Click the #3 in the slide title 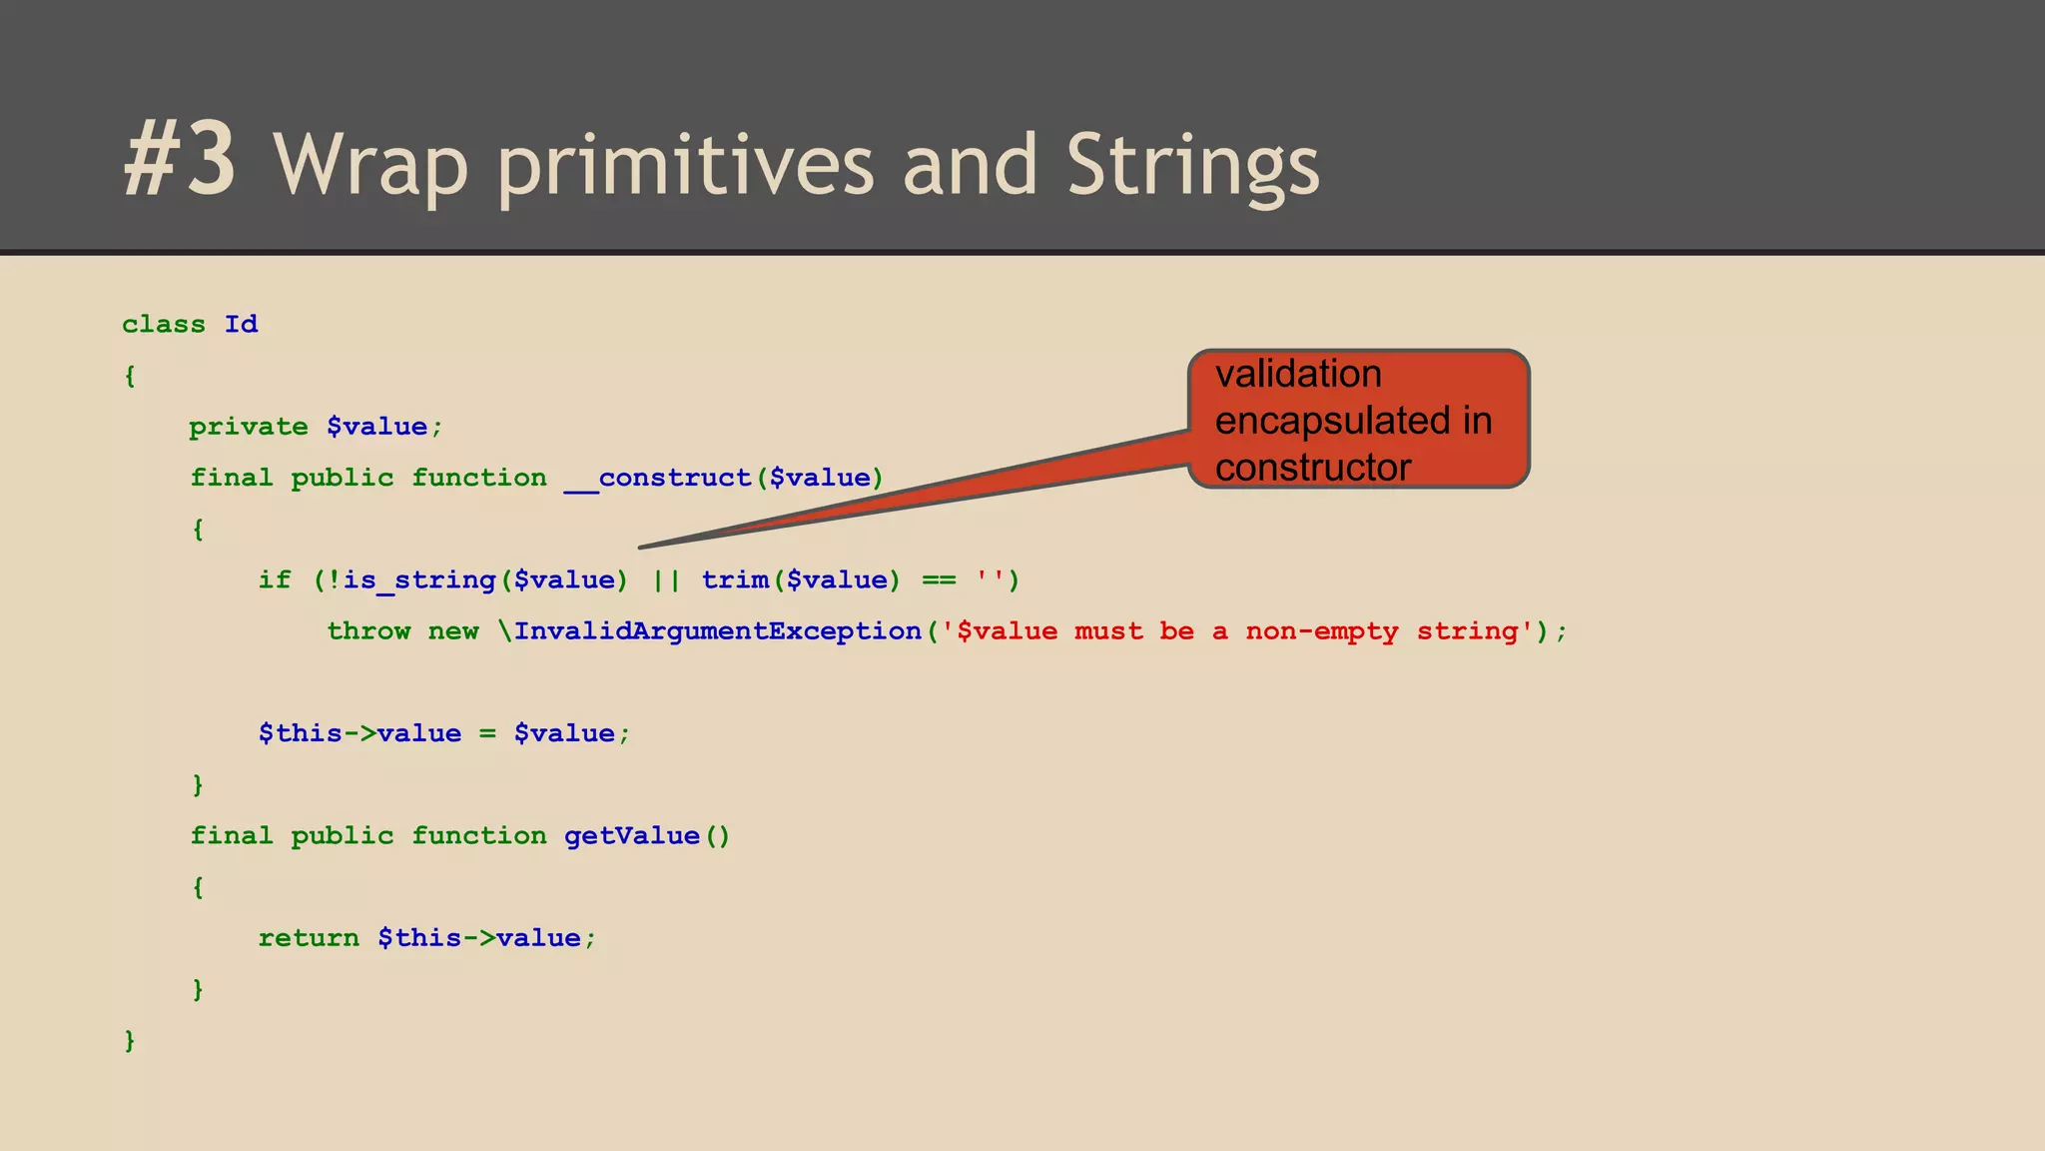(181, 160)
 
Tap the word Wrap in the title (369, 165)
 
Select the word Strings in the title (1192, 165)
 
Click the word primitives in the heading (684, 165)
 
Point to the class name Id (241, 325)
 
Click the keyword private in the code (249, 427)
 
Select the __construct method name (658, 478)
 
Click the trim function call (735, 580)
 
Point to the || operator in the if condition (666, 580)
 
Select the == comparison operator (939, 580)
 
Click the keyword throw (368, 631)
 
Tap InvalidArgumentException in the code (718, 631)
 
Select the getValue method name (632, 836)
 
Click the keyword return (309, 938)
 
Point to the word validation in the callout (1298, 375)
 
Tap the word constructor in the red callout (1313, 468)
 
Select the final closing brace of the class (129, 1041)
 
